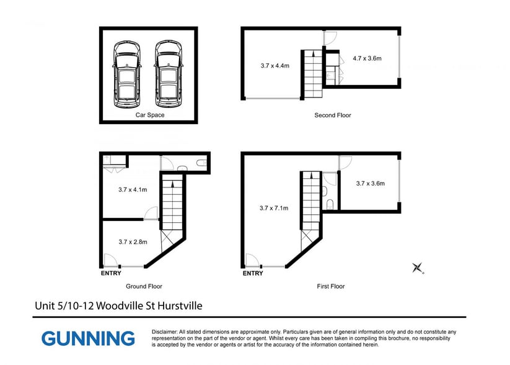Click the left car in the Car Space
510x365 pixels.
tap(127, 74)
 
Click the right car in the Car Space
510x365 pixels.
tap(169, 74)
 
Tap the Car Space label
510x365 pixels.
tap(150, 115)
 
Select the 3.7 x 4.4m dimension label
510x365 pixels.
tap(275, 66)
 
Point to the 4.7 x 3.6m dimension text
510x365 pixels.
tap(367, 58)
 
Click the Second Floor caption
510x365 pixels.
tap(333, 115)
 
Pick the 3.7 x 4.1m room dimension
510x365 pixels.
tap(133, 190)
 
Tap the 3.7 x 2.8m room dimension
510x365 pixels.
tap(133, 242)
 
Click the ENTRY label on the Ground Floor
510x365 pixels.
tap(111, 273)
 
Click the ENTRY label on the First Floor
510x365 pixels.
tap(253, 273)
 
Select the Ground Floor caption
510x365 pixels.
tap(144, 286)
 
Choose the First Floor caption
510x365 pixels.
tap(331, 286)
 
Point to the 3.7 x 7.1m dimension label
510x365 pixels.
tap(274, 208)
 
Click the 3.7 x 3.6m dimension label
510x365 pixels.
tap(371, 184)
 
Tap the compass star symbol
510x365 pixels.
tap(418, 268)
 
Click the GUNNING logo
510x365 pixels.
tap(88, 338)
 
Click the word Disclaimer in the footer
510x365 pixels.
tap(165, 332)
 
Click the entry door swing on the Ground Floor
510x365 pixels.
tap(110, 260)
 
